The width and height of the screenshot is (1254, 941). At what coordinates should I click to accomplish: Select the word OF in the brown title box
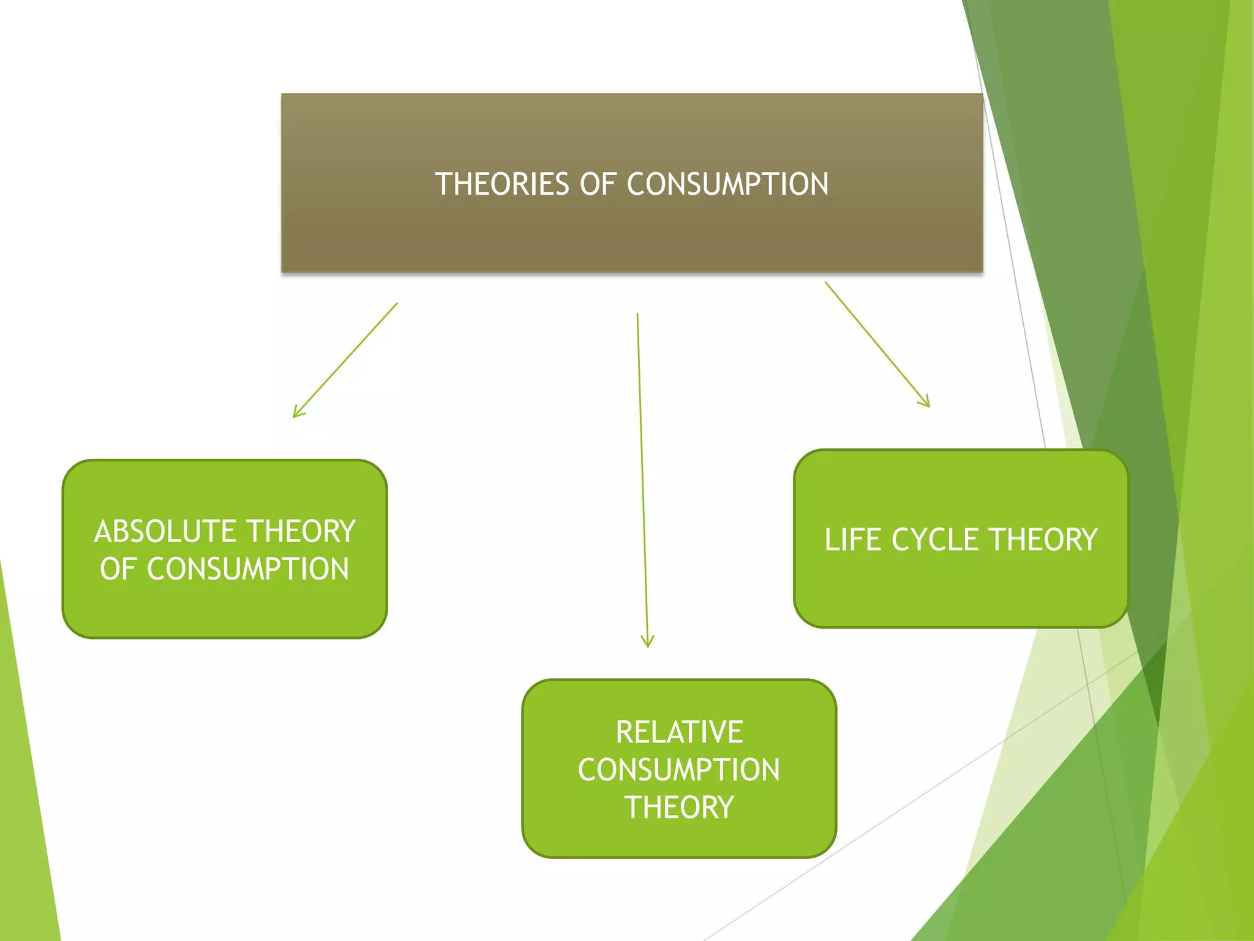[598, 184]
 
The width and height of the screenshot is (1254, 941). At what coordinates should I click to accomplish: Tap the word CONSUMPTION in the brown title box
[727, 184]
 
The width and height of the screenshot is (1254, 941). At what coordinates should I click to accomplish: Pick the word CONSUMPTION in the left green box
[248, 569]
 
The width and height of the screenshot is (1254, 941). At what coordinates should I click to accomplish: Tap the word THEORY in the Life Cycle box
[1043, 540]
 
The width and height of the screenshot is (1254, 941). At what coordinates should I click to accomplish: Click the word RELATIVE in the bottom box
[679, 732]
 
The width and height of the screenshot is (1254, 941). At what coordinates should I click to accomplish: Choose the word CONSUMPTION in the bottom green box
[679, 770]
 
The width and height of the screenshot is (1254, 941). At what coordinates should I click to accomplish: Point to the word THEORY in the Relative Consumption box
[679, 807]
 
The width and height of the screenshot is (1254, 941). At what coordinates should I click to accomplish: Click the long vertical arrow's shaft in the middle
[642, 478]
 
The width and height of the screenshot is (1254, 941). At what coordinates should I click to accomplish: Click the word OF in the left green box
[118, 569]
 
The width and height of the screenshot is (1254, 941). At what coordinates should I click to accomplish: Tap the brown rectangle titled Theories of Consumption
[632, 233]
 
